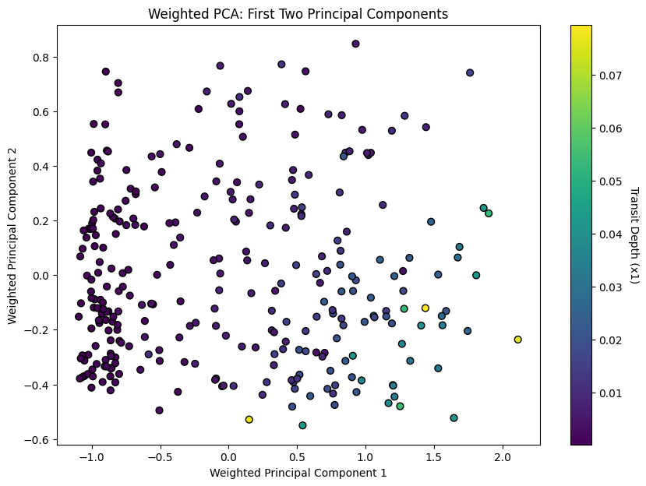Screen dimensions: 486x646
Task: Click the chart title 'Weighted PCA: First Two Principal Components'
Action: point(298,14)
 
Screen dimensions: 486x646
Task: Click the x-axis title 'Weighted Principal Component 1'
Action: point(298,472)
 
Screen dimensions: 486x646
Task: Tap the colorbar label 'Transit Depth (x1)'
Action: point(633,235)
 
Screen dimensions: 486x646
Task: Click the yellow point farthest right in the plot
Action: point(517,340)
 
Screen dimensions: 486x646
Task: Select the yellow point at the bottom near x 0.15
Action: point(249,420)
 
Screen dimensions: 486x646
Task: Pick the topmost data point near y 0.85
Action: point(355,44)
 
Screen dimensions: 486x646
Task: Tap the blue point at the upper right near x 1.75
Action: point(470,72)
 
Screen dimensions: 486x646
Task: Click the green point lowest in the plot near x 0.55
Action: point(302,425)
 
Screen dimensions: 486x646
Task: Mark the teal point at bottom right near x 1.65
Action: point(454,418)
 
